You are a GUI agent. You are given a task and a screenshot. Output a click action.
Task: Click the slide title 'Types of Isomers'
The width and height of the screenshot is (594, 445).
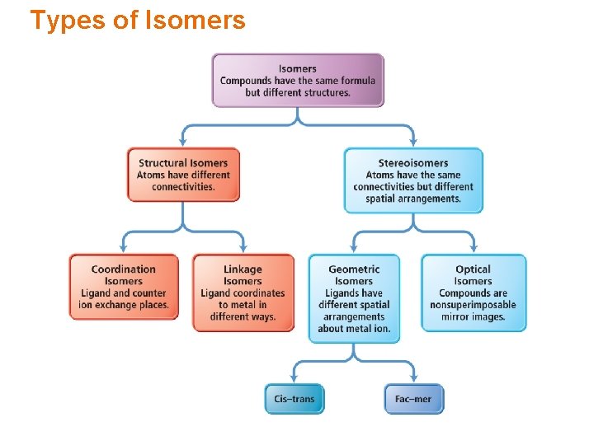(138, 20)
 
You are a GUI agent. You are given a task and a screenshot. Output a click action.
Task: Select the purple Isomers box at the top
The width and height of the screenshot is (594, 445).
(298, 80)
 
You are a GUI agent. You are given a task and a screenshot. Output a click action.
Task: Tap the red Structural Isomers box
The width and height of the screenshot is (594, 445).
(183, 175)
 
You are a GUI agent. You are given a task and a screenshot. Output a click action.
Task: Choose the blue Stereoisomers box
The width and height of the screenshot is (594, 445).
(413, 180)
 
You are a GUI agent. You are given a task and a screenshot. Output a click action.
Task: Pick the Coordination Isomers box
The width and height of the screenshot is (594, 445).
(124, 287)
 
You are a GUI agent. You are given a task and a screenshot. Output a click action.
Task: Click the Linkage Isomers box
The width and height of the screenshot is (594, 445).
(243, 293)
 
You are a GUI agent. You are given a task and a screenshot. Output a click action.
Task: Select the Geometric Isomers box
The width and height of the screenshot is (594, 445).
(354, 298)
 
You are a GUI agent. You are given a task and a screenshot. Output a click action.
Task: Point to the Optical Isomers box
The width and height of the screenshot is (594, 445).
(473, 293)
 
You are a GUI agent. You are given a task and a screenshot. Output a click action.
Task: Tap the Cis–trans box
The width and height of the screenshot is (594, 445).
(295, 399)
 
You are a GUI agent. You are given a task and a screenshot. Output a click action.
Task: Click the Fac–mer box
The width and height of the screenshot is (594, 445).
(413, 399)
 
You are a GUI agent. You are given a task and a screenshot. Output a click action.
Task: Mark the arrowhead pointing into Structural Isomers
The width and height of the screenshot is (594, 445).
(183, 143)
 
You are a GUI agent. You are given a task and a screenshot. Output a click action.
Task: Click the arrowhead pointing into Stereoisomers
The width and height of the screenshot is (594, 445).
(412, 143)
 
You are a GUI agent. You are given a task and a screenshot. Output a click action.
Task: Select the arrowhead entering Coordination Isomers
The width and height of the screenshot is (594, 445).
(124, 247)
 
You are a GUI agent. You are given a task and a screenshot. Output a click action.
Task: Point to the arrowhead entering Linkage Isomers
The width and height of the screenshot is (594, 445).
(243, 247)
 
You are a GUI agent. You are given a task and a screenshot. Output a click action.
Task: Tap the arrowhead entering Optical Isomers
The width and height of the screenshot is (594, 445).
(474, 247)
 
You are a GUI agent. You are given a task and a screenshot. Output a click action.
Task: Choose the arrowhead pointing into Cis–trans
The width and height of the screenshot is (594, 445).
(295, 378)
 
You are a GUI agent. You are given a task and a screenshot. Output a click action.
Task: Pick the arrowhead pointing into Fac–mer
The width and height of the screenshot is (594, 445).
(413, 378)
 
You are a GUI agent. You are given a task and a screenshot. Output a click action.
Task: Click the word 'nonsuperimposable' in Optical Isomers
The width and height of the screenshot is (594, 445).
(473, 305)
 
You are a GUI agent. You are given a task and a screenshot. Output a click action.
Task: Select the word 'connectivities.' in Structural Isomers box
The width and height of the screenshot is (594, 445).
(183, 187)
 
